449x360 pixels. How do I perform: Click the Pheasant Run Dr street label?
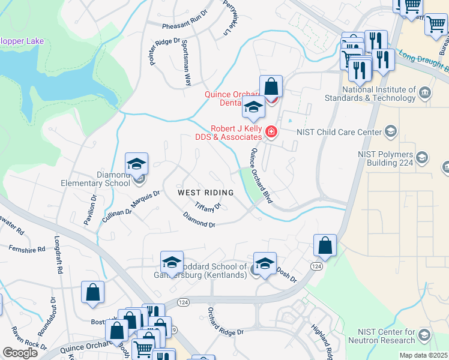coord(185,27)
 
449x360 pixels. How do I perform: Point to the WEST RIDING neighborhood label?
coord(205,193)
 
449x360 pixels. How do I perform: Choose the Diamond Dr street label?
coord(199,220)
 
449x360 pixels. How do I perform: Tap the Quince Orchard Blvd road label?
coord(262,176)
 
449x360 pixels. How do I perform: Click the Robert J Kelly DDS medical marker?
coord(271,131)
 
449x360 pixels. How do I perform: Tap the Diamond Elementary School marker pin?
coord(137,164)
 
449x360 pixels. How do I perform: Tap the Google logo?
coord(20,353)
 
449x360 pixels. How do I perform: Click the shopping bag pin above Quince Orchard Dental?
coord(271,87)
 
